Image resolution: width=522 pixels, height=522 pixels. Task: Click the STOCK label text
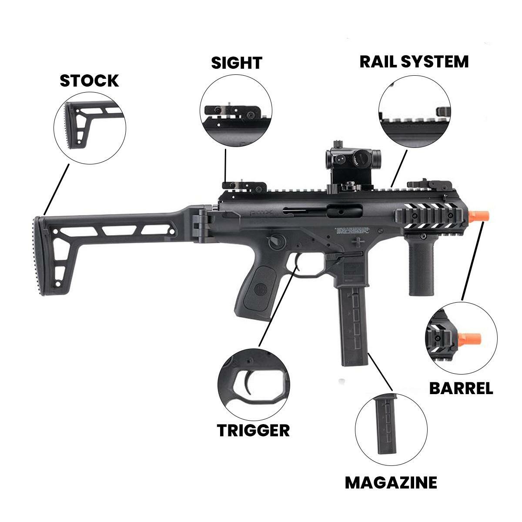pos(89,81)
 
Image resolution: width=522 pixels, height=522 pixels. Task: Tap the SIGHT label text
pos(237,63)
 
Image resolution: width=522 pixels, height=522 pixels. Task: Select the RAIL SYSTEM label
pos(414,62)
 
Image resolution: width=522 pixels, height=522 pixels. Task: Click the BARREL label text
pos(461,388)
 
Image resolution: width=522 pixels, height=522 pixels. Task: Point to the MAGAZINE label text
pos(391,482)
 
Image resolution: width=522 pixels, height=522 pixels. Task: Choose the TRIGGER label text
pos(253,430)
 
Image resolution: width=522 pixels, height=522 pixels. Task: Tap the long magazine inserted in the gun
pos(353,322)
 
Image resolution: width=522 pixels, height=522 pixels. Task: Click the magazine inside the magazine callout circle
pos(387,424)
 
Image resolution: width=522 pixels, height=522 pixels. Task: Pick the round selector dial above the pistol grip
pos(276,241)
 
